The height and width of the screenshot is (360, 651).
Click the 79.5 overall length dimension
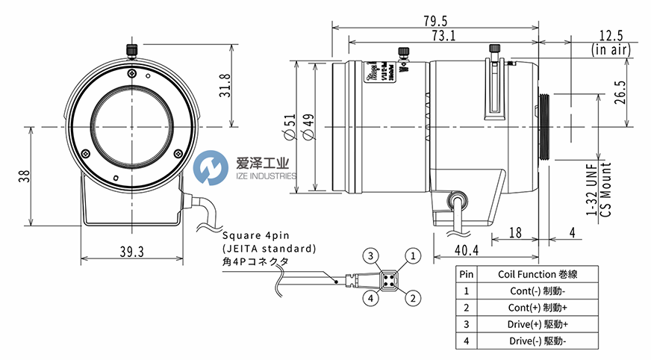[435, 20]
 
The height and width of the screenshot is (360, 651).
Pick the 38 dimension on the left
[22, 176]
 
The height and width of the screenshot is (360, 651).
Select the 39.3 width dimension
[131, 252]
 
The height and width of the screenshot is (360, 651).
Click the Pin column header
[466, 274]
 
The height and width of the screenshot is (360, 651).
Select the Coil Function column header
[537, 274]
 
